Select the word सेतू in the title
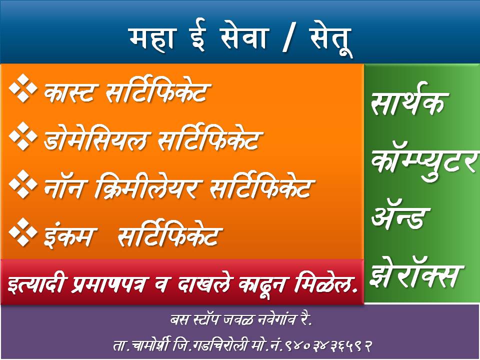tap(330, 39)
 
